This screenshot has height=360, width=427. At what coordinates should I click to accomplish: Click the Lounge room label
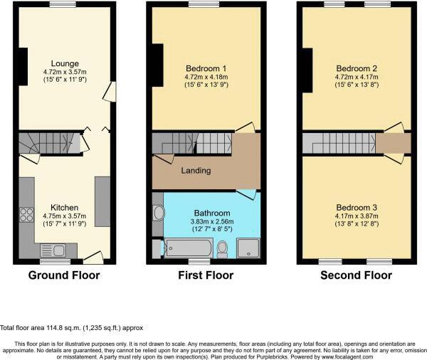pyautogui.click(x=65, y=63)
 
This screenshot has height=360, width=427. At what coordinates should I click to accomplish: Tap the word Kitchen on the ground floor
pyautogui.click(x=65, y=208)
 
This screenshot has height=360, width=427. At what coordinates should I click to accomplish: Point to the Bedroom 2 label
pyautogui.click(x=357, y=69)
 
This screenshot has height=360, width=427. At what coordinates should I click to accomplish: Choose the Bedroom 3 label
pyautogui.click(x=357, y=208)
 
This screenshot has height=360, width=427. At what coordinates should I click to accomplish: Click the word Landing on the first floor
pyautogui.click(x=196, y=171)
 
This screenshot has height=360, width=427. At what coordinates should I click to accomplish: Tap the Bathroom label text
pyautogui.click(x=212, y=213)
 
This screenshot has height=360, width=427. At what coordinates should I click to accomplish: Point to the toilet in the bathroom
pyautogui.click(x=223, y=248)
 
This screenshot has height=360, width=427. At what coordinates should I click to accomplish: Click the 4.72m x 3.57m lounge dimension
pyautogui.click(x=65, y=72)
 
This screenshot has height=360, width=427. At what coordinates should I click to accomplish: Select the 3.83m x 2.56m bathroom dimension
pyautogui.click(x=212, y=221)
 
